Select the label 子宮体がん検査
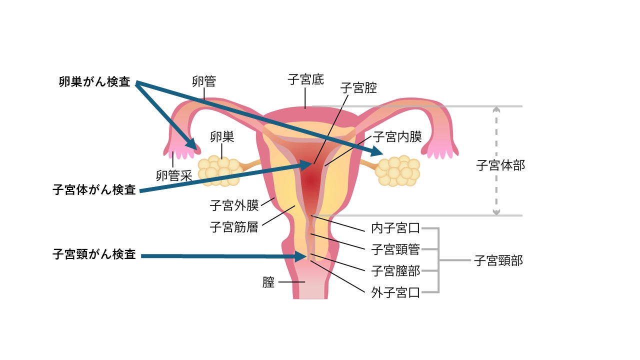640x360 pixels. click(x=94, y=190)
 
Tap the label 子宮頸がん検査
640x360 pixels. click(x=94, y=254)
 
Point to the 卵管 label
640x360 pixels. click(x=204, y=81)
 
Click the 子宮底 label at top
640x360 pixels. click(x=305, y=79)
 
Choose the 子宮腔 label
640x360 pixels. click(x=358, y=88)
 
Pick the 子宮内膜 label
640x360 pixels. click(x=397, y=137)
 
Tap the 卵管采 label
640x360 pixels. click(x=174, y=175)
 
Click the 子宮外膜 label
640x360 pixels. click(x=233, y=205)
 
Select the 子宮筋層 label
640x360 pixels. click(x=233, y=227)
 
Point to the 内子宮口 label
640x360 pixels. click(x=395, y=229)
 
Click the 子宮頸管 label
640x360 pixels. click(x=395, y=249)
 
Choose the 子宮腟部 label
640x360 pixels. click(x=395, y=271)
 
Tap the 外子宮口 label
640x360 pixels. click(x=395, y=292)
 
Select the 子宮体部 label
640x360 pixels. click(x=501, y=165)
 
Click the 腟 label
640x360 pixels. click(x=268, y=282)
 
